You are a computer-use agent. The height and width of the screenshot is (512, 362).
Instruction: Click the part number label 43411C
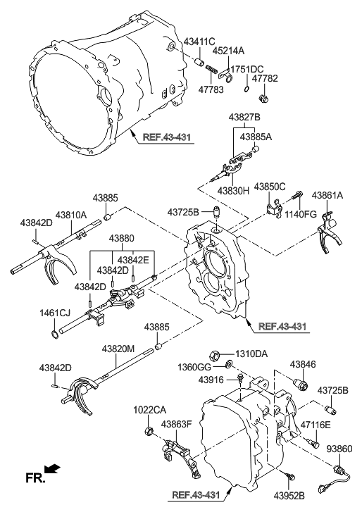click(199, 42)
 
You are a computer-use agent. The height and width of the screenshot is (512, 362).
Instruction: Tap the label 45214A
click(228, 51)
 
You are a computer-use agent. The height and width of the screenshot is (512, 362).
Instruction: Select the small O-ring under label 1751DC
click(246, 89)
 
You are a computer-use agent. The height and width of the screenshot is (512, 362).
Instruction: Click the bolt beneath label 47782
click(263, 98)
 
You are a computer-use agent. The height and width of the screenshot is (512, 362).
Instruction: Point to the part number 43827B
click(244, 117)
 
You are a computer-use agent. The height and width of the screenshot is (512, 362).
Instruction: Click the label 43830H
click(233, 191)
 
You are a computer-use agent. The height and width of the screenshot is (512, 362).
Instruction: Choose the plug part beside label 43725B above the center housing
click(216, 211)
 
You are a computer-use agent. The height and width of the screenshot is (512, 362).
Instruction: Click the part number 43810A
click(71, 215)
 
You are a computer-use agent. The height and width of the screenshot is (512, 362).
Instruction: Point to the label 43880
click(121, 238)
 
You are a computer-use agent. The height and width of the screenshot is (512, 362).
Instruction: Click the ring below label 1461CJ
click(56, 334)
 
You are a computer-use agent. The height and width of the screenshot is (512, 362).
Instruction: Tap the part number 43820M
click(118, 349)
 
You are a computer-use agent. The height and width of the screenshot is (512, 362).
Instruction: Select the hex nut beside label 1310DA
click(214, 354)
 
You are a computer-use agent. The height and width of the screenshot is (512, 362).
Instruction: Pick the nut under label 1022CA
click(149, 431)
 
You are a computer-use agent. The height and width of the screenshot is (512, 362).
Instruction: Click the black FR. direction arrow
click(52, 469)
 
